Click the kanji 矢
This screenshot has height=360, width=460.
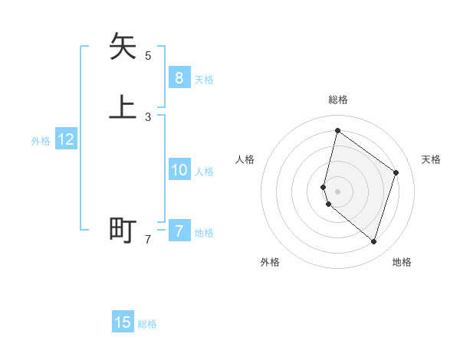click(123, 47)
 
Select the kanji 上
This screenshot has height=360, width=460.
click(123, 107)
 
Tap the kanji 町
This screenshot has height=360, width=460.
click(123, 230)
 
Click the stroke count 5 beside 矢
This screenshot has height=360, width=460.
click(148, 55)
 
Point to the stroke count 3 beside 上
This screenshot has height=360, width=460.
click(148, 116)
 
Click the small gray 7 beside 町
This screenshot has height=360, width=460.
click(148, 239)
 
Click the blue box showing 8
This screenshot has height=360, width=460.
click(179, 77)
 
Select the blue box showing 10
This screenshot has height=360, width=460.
click(179, 170)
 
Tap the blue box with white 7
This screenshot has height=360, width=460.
click(179, 231)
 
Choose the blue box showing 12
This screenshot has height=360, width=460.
click(66, 139)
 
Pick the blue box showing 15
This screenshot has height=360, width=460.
click(123, 322)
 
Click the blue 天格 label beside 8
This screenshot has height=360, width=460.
click(204, 80)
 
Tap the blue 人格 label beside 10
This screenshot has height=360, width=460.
click(204, 172)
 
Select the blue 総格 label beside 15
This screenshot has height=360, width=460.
click(147, 324)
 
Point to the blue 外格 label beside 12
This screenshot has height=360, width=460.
click(41, 141)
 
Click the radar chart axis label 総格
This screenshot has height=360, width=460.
click(337, 100)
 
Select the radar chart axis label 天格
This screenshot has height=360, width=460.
click(431, 159)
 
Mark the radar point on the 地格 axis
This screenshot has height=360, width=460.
click(373, 242)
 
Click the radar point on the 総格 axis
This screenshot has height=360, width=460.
click(337, 130)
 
